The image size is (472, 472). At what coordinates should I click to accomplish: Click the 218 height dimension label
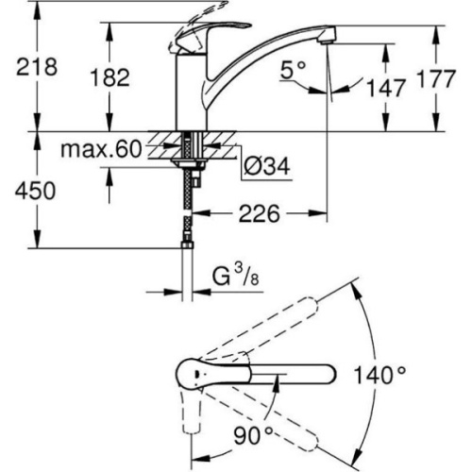click(37, 66)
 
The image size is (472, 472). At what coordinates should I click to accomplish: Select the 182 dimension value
click(110, 77)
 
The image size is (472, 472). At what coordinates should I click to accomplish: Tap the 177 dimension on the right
click(435, 78)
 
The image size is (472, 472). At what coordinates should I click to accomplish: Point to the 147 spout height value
click(386, 88)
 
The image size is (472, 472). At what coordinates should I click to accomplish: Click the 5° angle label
click(293, 70)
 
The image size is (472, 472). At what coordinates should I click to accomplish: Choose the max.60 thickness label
click(101, 149)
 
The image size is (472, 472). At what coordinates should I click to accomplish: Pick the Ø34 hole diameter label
click(266, 166)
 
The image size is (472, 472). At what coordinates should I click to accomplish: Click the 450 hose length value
click(35, 191)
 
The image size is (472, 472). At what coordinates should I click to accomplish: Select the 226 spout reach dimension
click(259, 213)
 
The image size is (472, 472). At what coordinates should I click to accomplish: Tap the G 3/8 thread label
click(235, 277)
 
